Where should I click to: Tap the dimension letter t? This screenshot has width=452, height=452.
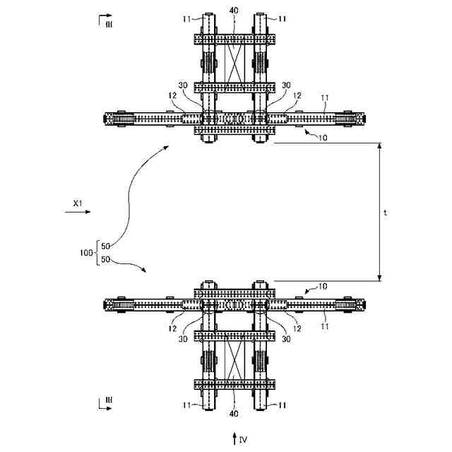pos(386,212)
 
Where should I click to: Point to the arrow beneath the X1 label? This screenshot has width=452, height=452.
pos(74,210)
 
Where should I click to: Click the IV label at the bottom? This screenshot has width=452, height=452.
pos(243,440)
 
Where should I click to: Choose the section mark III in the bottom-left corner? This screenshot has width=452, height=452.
pos(108,400)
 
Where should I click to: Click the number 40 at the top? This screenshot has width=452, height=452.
pos(233,11)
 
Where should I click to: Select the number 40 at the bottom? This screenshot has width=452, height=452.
pos(233,409)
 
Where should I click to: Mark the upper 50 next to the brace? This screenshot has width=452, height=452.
pos(106,245)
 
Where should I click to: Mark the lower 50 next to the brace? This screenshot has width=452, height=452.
pos(106,259)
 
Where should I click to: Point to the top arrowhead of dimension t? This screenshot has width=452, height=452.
pos(380,146)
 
